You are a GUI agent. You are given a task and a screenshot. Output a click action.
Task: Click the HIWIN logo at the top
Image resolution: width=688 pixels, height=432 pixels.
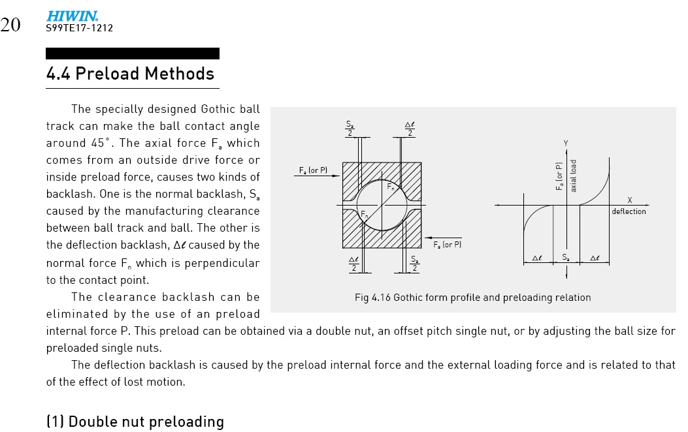72,16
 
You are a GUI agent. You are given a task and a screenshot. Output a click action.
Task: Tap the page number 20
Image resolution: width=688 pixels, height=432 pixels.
10,25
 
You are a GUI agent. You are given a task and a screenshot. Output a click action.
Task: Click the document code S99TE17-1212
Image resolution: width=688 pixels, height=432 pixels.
79,28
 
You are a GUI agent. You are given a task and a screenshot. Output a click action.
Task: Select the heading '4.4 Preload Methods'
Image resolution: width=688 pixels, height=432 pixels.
130,73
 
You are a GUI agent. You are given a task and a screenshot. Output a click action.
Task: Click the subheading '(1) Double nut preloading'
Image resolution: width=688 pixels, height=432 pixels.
135,422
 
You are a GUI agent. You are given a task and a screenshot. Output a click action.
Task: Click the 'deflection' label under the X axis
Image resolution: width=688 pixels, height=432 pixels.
629,211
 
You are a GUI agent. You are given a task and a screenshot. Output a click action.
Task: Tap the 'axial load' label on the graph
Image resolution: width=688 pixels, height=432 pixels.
573,176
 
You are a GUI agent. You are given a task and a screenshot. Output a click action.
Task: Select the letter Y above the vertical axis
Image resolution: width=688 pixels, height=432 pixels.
565,142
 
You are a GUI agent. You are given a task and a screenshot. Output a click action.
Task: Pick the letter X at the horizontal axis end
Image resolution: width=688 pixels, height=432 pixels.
629,200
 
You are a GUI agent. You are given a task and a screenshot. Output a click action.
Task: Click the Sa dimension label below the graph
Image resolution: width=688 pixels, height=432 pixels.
566,258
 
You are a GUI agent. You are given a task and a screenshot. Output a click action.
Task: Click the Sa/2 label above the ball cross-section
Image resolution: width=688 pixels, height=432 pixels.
350,129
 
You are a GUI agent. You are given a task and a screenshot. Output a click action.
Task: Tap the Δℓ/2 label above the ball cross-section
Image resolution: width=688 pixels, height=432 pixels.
410,129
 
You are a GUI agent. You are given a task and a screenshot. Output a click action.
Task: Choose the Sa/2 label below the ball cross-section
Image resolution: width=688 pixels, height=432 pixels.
414,264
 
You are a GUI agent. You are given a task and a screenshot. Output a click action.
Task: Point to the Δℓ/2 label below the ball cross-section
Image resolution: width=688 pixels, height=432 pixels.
353,264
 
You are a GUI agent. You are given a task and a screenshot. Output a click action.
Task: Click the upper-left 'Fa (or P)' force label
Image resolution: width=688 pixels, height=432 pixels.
313,170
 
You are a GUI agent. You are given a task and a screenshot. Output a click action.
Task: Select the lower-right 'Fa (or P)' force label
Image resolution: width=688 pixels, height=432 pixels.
447,245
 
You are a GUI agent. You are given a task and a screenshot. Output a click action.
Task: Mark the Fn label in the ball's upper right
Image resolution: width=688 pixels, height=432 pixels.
390,187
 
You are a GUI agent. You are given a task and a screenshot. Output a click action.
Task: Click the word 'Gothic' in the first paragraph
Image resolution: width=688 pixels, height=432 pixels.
222,109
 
